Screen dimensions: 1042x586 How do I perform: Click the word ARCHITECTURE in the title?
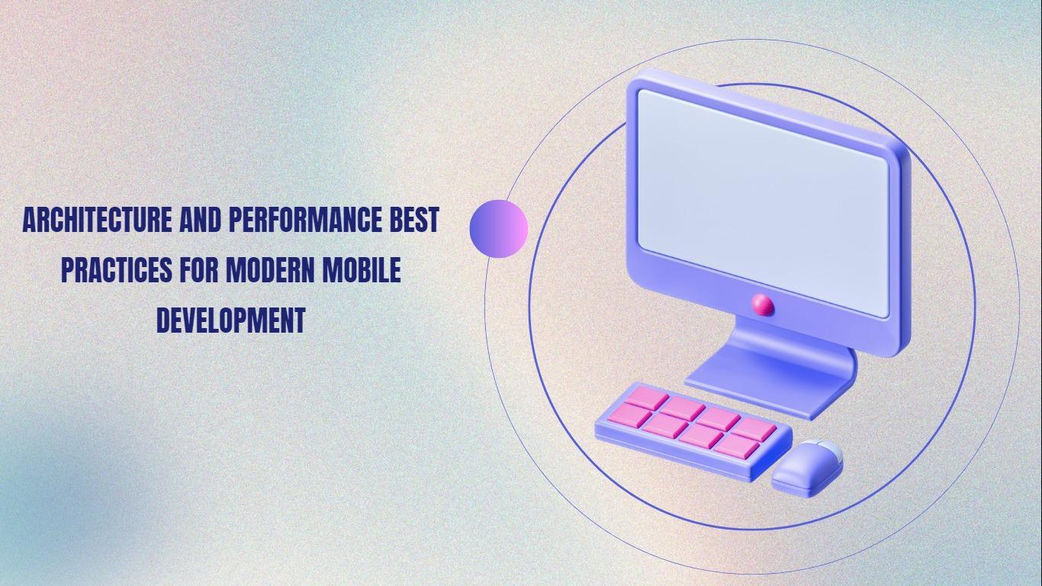click(97, 220)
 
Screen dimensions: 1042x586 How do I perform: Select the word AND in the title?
click(200, 220)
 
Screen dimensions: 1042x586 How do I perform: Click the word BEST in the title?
click(414, 220)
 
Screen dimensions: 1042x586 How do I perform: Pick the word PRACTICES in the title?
click(116, 270)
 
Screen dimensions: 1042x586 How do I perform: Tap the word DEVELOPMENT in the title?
click(230, 320)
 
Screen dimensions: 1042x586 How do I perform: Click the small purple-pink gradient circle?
click(499, 229)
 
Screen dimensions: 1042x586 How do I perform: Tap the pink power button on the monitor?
click(763, 305)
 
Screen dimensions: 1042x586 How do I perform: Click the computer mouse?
click(808, 468)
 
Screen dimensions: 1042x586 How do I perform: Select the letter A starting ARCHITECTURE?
click(30, 220)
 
